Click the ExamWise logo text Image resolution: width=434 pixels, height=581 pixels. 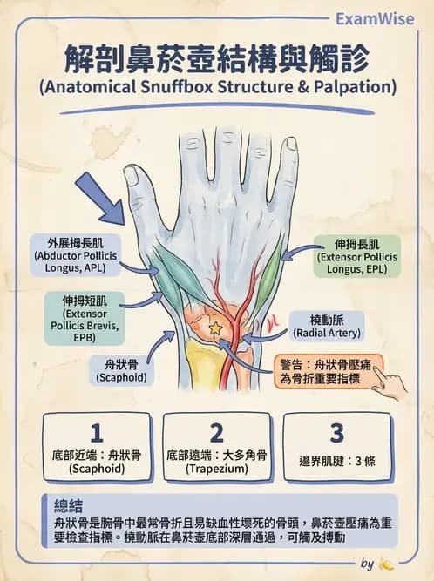pos(375,19)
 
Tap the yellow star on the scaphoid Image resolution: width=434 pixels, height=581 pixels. pos(214,328)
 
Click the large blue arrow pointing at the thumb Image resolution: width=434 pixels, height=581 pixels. pos(101,199)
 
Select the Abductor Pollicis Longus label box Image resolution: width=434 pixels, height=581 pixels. pos(75,255)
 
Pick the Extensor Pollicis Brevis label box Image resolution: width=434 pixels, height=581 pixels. pos(85,319)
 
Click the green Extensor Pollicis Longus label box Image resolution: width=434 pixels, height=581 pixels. pos(357,256)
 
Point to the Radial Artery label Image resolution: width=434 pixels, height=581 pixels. pos(327,327)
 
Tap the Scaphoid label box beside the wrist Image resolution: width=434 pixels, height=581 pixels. pos(121,371)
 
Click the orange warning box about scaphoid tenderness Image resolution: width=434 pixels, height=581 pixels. pos(329,372)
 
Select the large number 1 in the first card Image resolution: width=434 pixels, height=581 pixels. pos(97,432)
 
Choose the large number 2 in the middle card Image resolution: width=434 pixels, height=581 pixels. pos(216,432)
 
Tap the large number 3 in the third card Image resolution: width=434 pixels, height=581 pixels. pos(336,432)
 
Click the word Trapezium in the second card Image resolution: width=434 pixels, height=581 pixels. pos(216,469)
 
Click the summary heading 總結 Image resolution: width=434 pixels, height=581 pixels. pos(68,506)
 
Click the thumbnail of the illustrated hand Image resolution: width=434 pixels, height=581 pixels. pos(132,177)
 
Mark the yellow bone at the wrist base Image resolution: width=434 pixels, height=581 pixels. pos(205,364)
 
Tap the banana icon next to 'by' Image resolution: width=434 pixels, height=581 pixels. pos(387,564)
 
